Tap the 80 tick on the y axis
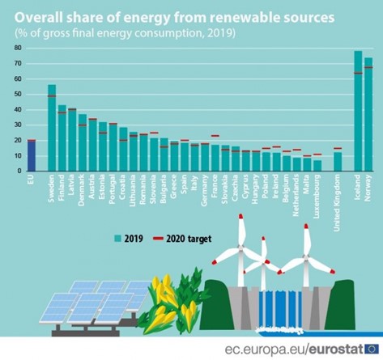coord(18,49)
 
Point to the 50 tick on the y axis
coord(18,95)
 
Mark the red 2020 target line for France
coord(215,136)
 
